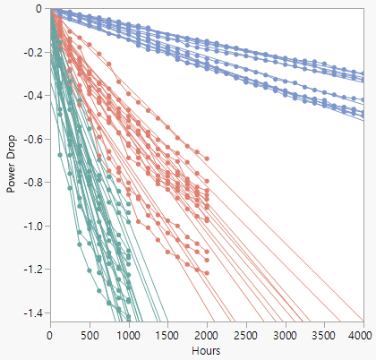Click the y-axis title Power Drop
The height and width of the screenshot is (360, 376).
point(12,164)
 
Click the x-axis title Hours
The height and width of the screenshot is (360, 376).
point(206,350)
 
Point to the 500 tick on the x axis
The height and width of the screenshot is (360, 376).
point(90,334)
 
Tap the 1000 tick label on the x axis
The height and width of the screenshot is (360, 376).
point(128,334)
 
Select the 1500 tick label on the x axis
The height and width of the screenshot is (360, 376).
point(167,334)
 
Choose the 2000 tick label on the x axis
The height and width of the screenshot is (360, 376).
point(207,334)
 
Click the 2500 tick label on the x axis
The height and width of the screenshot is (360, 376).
point(245,334)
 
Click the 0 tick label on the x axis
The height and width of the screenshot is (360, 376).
point(50,334)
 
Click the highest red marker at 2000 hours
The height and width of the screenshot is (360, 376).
point(207,159)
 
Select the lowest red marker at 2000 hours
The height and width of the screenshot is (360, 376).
point(207,273)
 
